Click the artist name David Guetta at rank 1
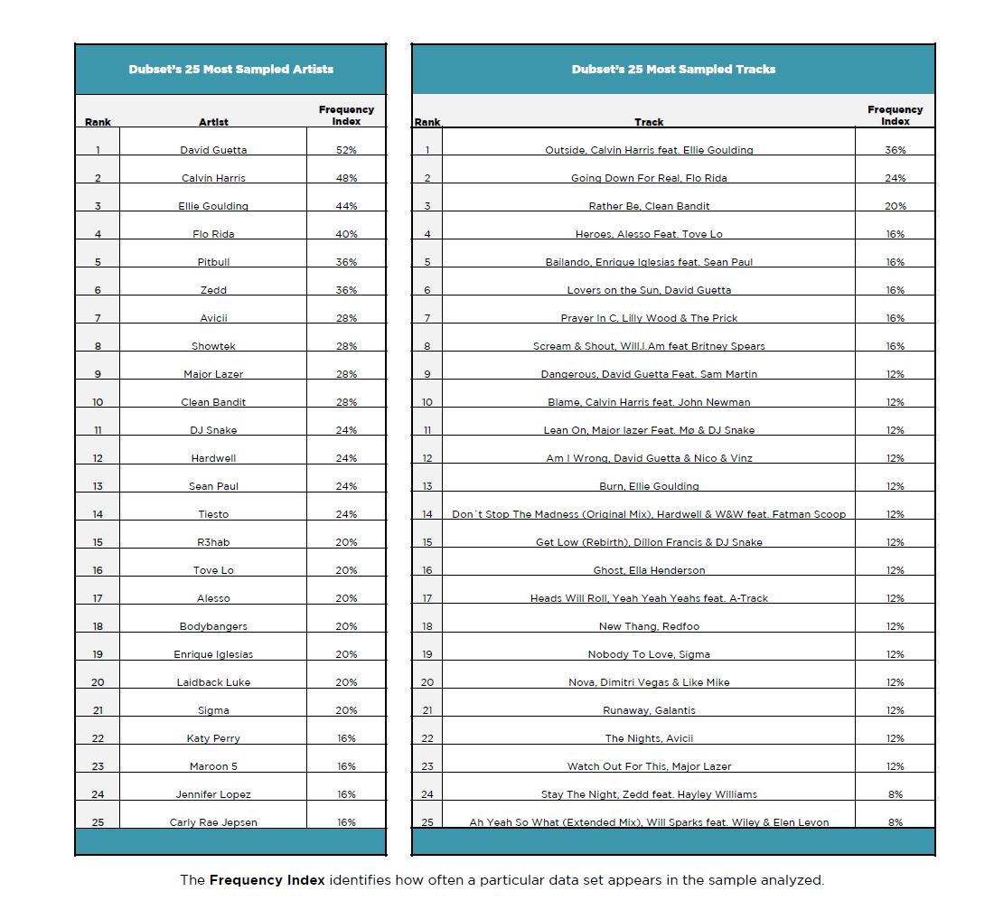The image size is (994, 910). [x=213, y=150]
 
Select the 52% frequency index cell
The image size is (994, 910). [x=346, y=150]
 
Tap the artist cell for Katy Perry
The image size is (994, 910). [x=213, y=738]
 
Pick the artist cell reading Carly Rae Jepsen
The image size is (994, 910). [x=213, y=822]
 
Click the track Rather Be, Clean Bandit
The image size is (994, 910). [x=649, y=206]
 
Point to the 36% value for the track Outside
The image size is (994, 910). [x=895, y=150]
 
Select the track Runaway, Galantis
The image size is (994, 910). [x=649, y=710]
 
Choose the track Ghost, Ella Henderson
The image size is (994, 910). [x=649, y=570]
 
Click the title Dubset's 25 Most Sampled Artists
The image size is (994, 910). [x=230, y=69]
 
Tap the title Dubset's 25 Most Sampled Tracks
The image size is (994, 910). [x=673, y=69]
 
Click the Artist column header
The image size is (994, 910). [x=213, y=122]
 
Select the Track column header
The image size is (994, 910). [x=649, y=122]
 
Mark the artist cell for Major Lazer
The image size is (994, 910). [x=213, y=374]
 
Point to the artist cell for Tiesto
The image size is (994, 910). [x=213, y=514]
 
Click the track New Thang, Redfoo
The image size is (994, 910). [x=649, y=626]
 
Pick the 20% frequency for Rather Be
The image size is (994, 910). [x=895, y=206]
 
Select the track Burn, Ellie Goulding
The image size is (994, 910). [x=649, y=486]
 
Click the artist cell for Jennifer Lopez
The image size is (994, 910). [x=213, y=794]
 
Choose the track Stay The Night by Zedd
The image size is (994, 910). [x=649, y=794]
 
